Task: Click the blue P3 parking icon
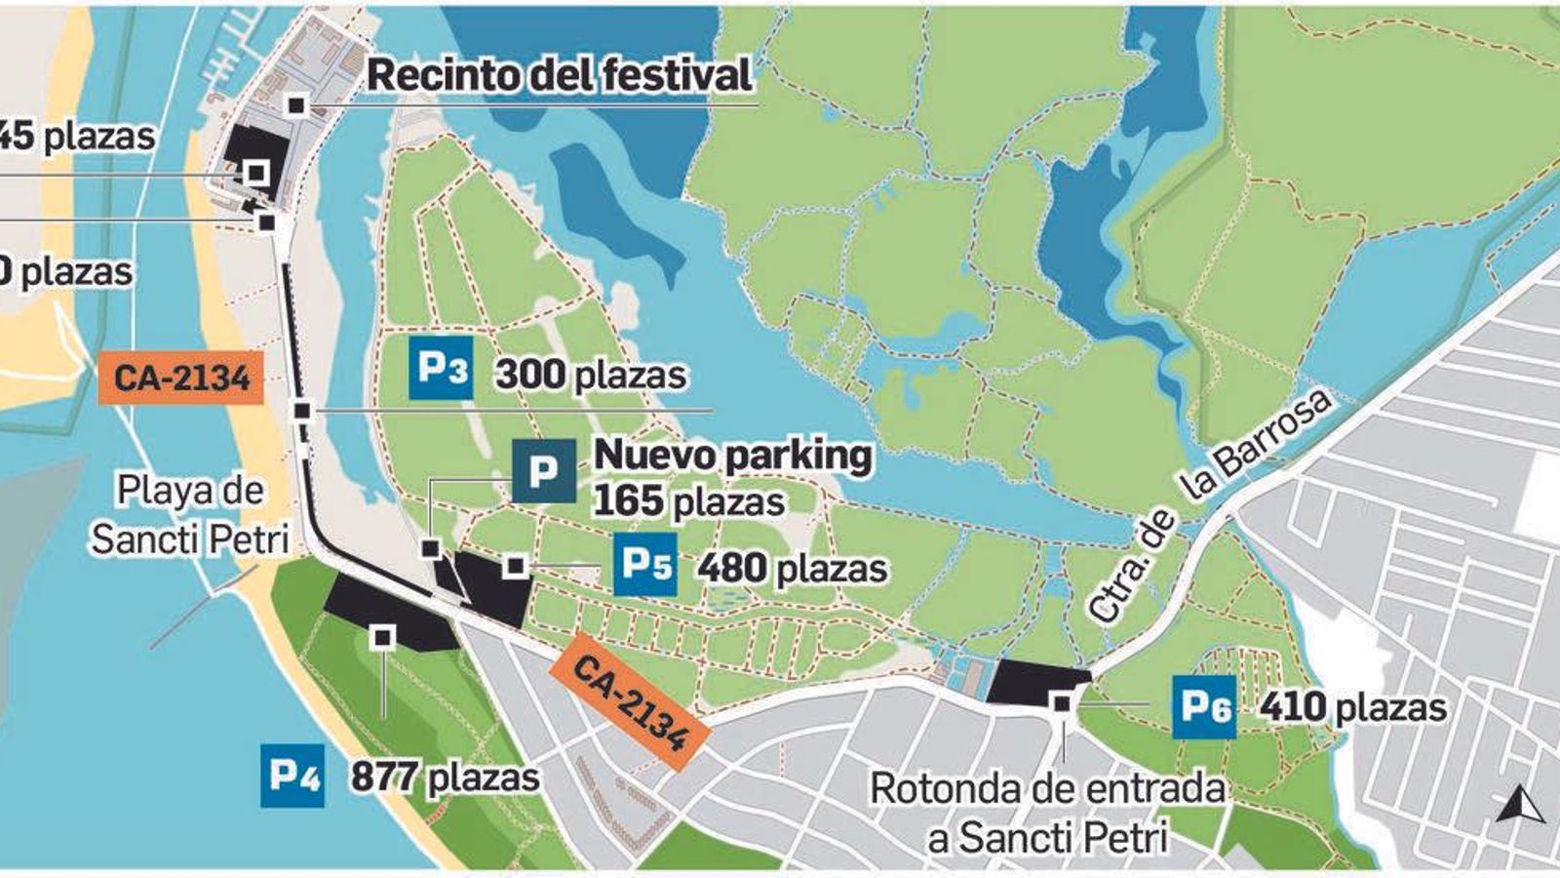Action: click(441, 368)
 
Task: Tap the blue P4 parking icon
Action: click(292, 776)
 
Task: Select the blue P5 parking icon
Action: click(645, 564)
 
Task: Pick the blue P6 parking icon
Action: click(1204, 706)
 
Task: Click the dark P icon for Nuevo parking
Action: click(543, 471)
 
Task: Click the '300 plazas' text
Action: click(591, 375)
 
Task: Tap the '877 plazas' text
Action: click(446, 778)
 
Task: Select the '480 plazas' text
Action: click(792, 568)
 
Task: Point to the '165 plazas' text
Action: click(689, 501)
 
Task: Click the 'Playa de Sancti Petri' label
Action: click(191, 514)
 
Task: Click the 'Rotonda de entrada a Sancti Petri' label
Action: click(1048, 813)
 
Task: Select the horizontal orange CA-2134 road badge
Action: click(181, 377)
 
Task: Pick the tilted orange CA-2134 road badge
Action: click(632, 701)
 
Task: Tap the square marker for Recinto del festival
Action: click(297, 104)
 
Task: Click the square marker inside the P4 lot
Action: click(383, 638)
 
